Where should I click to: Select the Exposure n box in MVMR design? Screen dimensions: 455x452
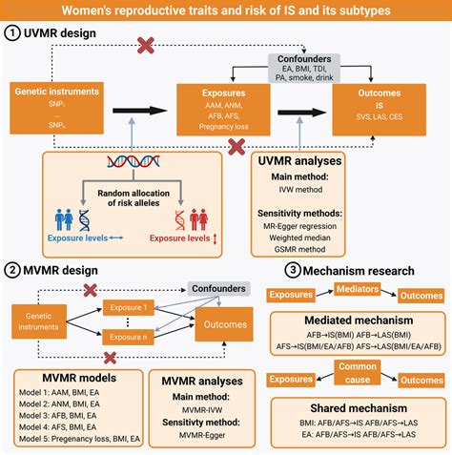coord(132,337)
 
